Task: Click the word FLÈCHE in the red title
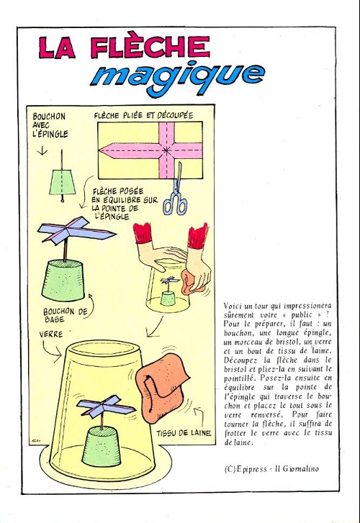[x=150, y=46]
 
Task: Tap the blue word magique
[x=178, y=76]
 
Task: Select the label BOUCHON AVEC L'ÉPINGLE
[x=50, y=125]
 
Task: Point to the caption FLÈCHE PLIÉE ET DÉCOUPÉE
[x=143, y=115]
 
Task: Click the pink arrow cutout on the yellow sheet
[x=152, y=150]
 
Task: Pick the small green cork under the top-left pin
[x=63, y=182]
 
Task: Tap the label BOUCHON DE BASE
[x=65, y=315]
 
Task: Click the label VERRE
[x=50, y=334]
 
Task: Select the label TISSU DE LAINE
[x=184, y=433]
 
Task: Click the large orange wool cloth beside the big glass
[x=162, y=388]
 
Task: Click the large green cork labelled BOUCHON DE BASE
[x=63, y=281]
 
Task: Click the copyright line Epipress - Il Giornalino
[x=271, y=468]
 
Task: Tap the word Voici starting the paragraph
[x=233, y=306]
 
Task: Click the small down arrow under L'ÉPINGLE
[x=42, y=151]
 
